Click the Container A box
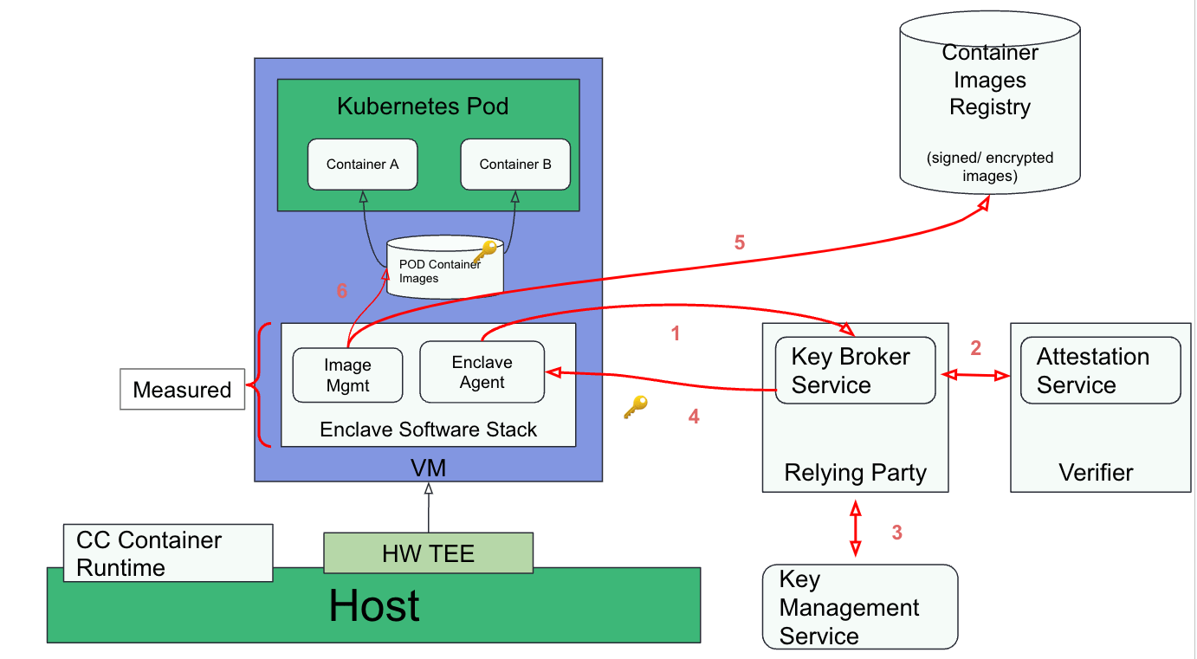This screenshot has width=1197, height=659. click(x=362, y=165)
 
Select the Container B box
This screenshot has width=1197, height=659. click(x=515, y=165)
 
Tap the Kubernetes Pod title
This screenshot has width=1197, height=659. click(x=423, y=107)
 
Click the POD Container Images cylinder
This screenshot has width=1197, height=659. click(x=443, y=269)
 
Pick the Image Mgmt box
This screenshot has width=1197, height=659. click(x=347, y=375)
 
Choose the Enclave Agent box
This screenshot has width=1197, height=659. click(x=482, y=372)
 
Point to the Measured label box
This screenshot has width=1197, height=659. click(x=182, y=390)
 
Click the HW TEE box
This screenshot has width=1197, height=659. click(x=428, y=553)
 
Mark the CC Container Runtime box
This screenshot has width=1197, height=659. click(x=168, y=553)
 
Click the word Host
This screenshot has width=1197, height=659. click(x=374, y=605)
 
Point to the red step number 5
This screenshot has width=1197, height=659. click(x=740, y=242)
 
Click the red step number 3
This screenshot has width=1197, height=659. click(x=897, y=533)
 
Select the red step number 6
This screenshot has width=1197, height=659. click(x=342, y=291)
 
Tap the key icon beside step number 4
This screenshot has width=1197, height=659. click(x=636, y=407)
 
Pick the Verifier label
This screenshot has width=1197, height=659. click(x=1096, y=473)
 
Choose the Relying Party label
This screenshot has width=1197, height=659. click(x=855, y=473)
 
